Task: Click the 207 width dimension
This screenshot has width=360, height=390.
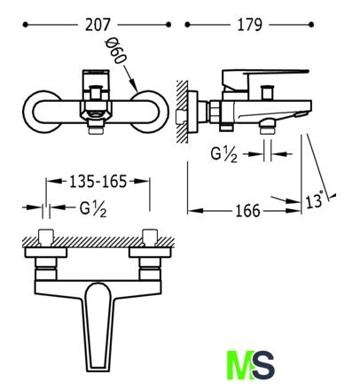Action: [x=98, y=25]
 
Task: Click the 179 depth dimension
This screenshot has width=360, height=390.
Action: [x=250, y=25]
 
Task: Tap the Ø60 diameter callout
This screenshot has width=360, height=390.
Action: [x=116, y=51]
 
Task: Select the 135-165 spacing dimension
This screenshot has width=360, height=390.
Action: [x=98, y=182]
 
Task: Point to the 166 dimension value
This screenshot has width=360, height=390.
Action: [x=247, y=211]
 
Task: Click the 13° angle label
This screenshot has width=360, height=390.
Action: [x=315, y=200]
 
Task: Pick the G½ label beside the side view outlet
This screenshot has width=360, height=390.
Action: [x=223, y=154]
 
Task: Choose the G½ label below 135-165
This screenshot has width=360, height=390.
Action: [x=93, y=209]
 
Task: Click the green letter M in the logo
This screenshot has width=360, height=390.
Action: [x=240, y=365]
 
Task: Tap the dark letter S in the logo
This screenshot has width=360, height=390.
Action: [x=262, y=365]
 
